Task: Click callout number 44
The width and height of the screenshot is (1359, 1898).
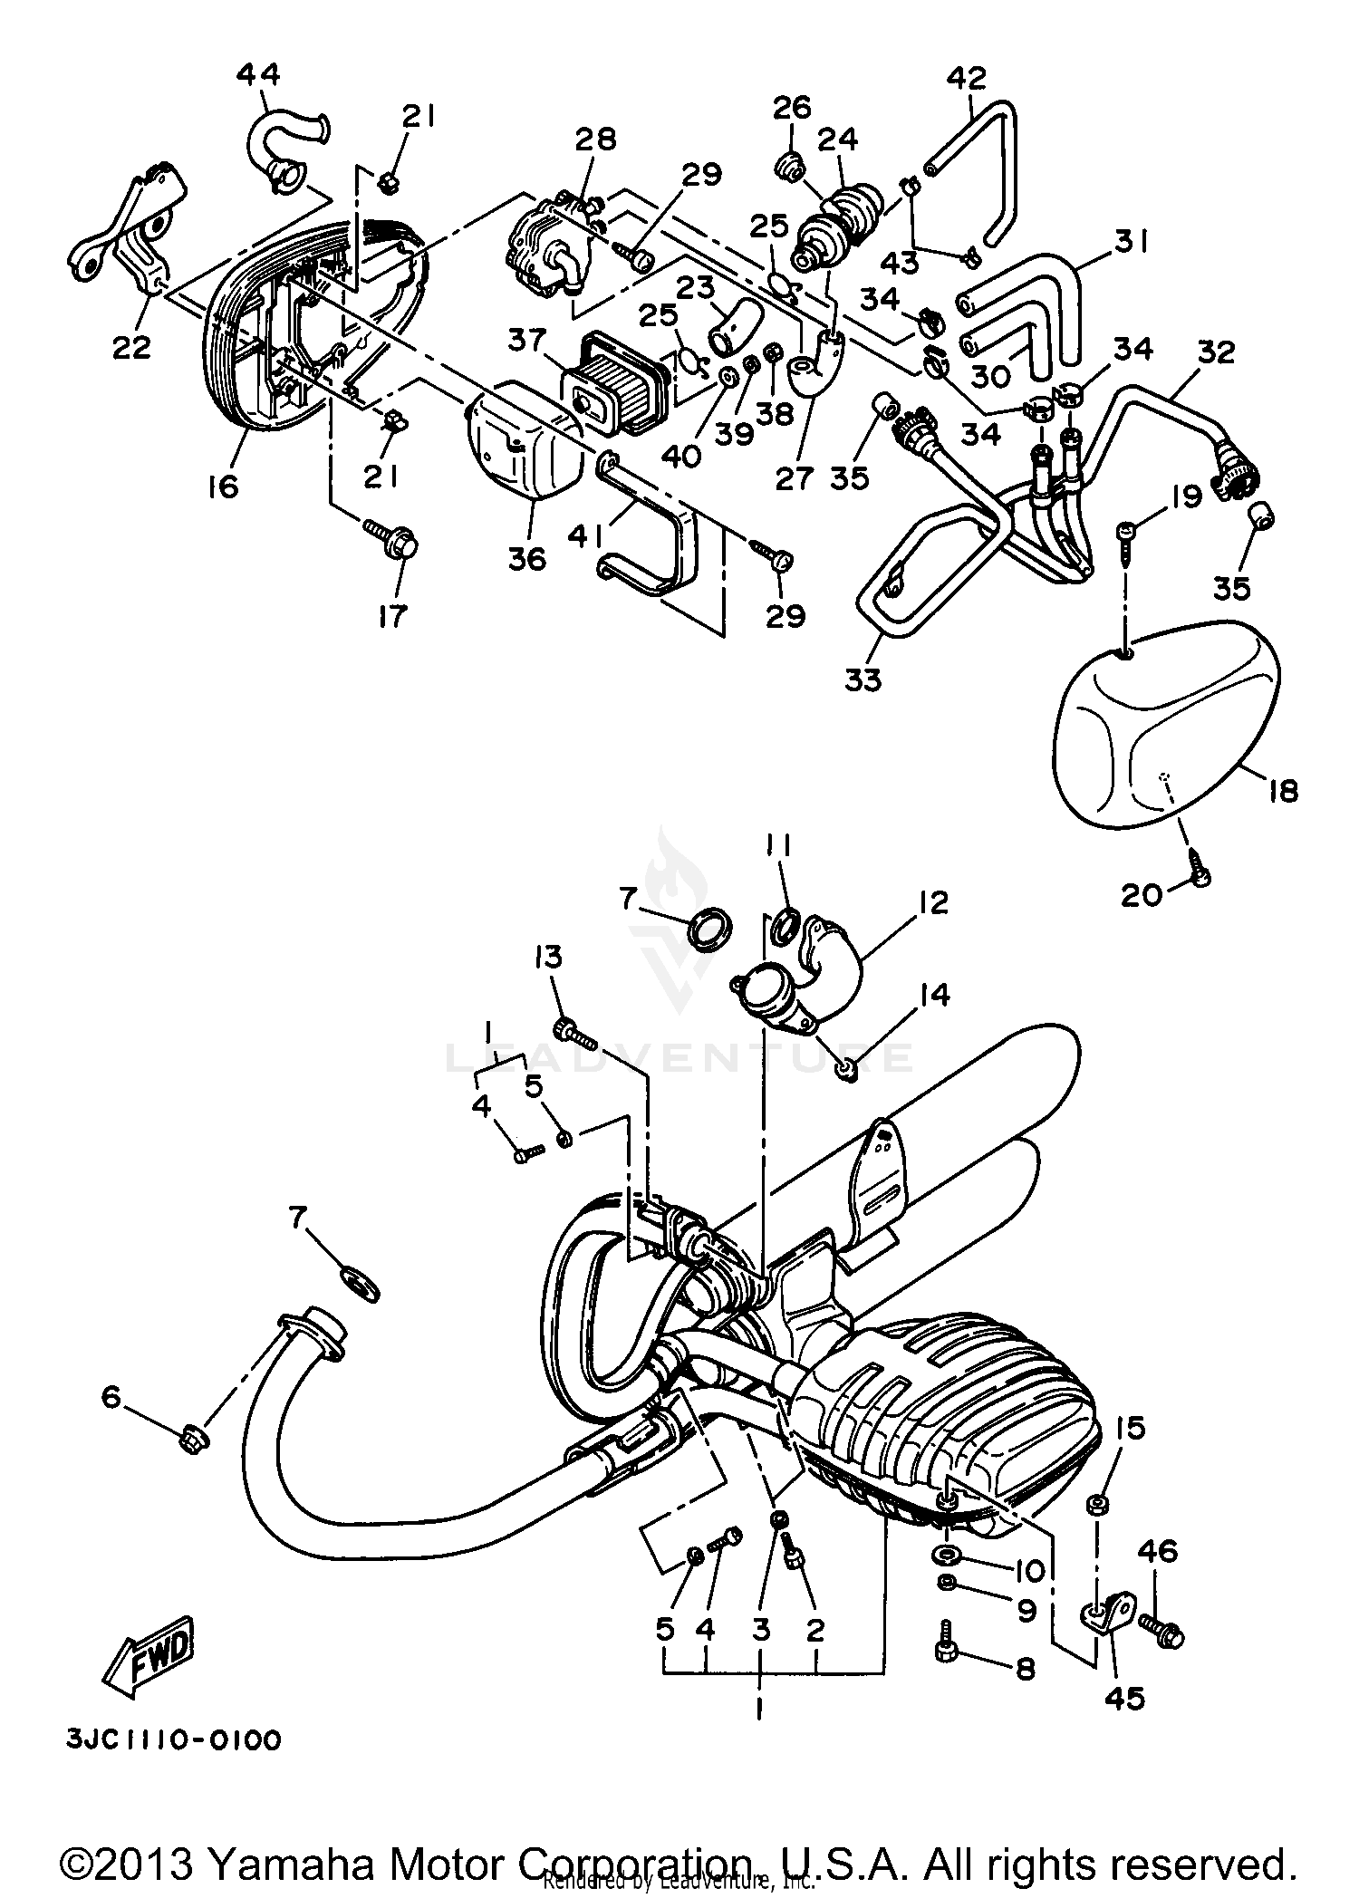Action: pos(258,73)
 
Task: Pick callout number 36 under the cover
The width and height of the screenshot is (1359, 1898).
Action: pos(527,558)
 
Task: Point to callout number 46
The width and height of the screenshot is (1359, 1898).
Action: pos(1157,1552)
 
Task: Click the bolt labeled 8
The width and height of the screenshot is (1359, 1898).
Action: pos(945,1651)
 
